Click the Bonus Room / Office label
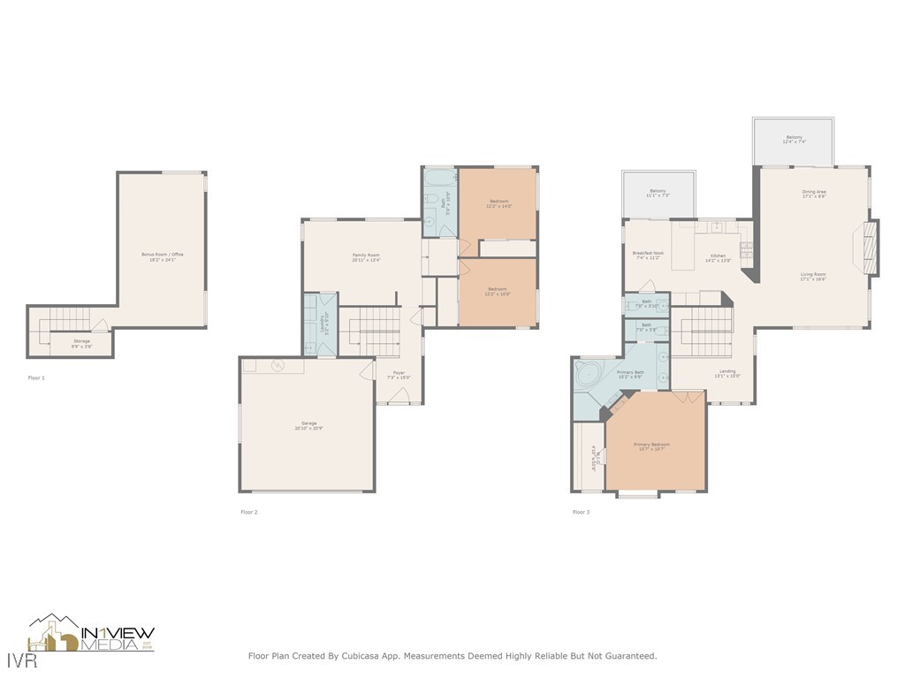point(162,256)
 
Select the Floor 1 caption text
point(36,378)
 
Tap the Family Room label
point(365,257)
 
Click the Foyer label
point(399,375)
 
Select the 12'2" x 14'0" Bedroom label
point(498,203)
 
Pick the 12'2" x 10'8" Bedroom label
point(498,291)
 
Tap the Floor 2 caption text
point(249,512)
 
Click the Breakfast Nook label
point(648,256)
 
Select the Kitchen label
point(717,258)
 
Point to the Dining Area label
point(814,194)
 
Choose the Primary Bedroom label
point(651,446)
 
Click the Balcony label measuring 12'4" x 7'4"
point(794,140)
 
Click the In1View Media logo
point(92,634)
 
